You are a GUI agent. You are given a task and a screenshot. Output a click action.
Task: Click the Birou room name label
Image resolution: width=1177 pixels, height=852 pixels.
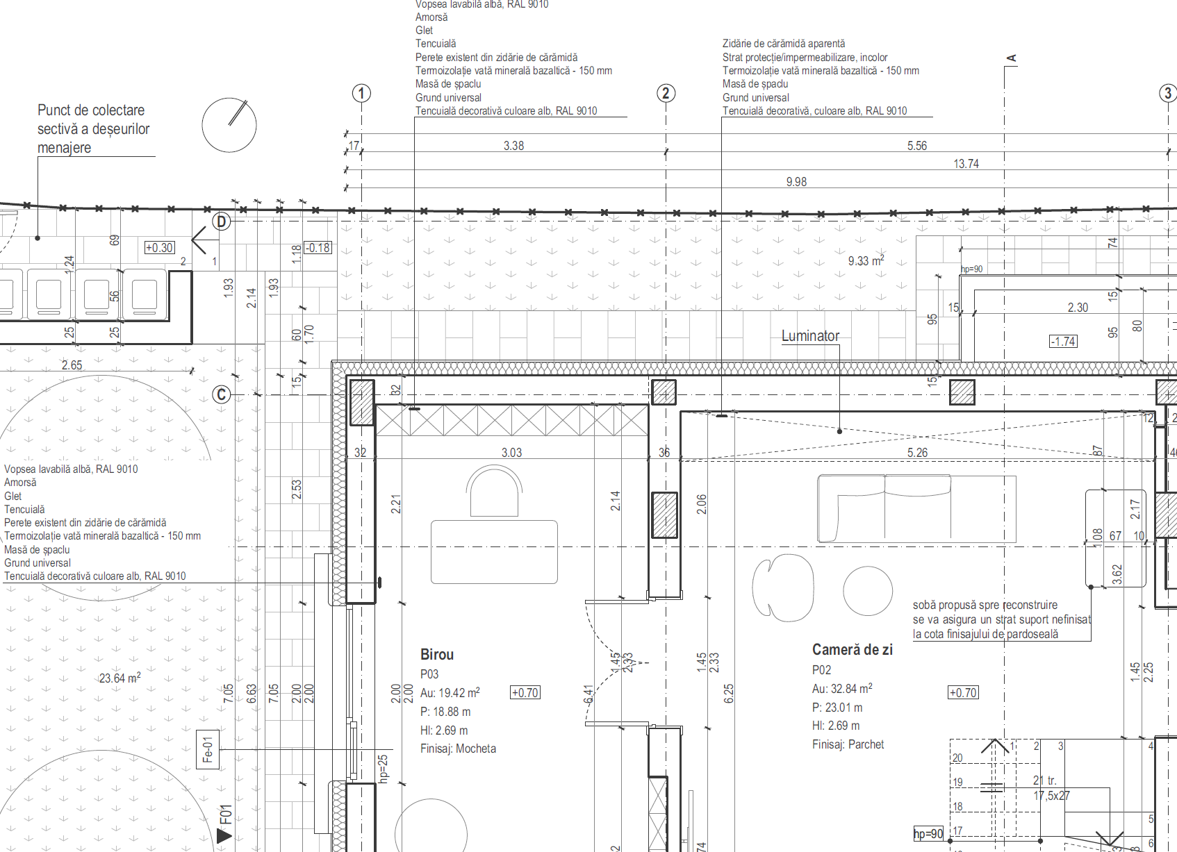tap(436, 654)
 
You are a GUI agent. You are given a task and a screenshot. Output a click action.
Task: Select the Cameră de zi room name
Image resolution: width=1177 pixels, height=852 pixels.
tap(852, 650)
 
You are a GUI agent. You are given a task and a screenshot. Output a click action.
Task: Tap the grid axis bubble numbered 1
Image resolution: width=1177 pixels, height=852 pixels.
tap(361, 93)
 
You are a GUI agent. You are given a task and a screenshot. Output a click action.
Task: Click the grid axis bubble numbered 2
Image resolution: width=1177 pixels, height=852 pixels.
tap(666, 93)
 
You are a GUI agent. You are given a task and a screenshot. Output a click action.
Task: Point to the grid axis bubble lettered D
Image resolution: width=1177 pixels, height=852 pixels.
tap(221, 222)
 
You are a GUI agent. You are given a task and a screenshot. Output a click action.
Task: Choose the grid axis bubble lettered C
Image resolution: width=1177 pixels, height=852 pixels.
tap(221, 394)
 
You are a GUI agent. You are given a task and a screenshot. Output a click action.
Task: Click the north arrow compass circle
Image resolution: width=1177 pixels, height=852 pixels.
tap(229, 125)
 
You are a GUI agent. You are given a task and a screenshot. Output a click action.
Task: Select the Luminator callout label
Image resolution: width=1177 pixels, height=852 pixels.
tap(810, 336)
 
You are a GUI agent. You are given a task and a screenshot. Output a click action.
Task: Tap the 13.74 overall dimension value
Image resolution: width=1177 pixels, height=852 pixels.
tap(966, 164)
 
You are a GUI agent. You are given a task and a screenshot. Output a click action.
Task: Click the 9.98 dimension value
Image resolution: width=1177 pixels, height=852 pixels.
tap(796, 182)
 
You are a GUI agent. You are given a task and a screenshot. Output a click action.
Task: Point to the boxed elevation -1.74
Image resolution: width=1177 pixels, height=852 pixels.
tap(1063, 341)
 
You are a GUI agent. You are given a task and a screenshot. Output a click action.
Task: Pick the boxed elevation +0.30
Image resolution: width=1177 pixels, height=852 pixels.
tap(159, 248)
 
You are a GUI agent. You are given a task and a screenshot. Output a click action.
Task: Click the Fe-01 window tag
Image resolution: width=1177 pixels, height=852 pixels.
tap(208, 750)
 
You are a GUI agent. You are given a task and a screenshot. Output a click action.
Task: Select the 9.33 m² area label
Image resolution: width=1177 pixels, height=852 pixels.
tap(866, 261)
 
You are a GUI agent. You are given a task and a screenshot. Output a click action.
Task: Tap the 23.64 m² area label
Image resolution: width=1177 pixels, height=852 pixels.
tap(120, 678)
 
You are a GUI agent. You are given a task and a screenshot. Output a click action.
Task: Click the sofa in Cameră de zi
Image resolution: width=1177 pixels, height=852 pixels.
tap(916, 508)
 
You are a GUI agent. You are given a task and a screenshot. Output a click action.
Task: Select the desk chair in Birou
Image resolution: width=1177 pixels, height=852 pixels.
tap(494, 491)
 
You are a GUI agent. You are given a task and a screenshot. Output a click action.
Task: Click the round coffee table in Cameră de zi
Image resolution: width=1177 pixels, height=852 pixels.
tap(867, 591)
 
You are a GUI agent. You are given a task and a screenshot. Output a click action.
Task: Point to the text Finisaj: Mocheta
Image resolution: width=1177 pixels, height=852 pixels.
tap(458, 749)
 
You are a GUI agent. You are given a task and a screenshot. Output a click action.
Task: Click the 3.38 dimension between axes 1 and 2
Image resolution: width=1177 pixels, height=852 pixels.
tap(513, 146)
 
